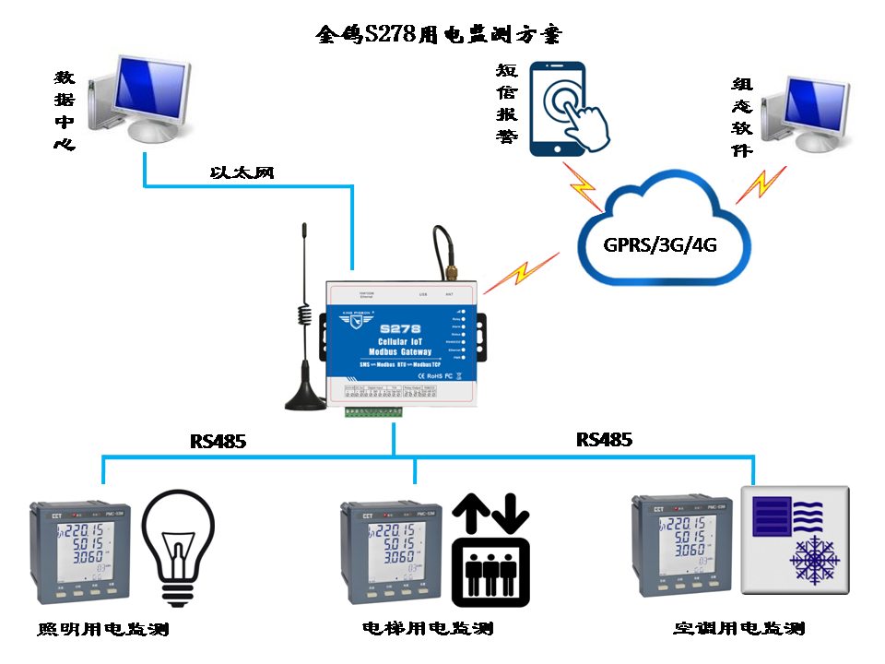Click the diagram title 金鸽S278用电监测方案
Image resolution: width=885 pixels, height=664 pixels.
tap(438, 35)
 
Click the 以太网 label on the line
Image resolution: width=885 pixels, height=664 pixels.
tap(242, 172)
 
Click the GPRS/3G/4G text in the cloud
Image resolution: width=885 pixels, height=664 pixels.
tap(660, 245)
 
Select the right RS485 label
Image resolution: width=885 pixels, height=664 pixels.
tap(605, 440)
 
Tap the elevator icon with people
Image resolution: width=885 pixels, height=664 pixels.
tap(490, 551)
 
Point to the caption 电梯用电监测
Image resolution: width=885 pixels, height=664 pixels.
tap(428, 629)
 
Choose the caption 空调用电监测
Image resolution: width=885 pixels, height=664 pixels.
tap(739, 629)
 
